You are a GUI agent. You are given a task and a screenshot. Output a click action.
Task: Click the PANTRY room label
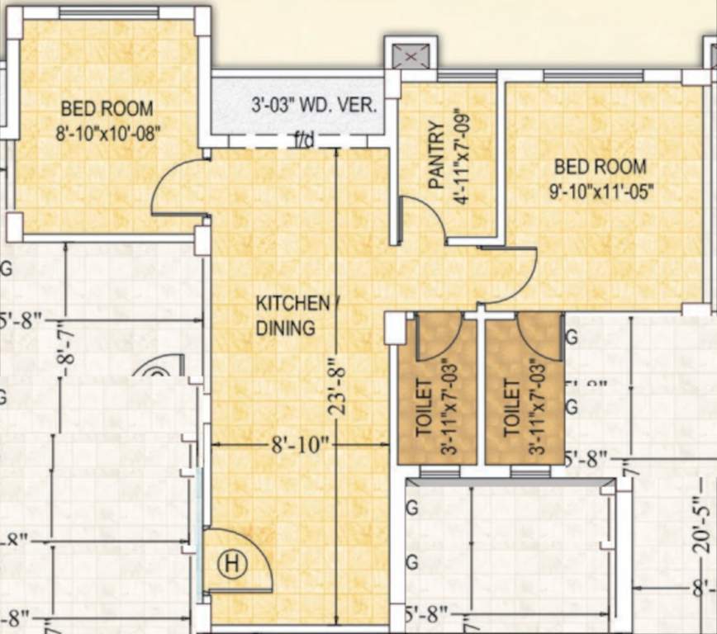point(437,156)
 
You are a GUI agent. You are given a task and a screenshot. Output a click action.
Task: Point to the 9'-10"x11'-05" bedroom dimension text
point(602,191)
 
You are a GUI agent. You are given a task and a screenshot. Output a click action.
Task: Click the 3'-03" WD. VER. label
point(314,106)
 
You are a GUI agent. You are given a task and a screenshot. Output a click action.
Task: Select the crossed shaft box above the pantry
point(408,57)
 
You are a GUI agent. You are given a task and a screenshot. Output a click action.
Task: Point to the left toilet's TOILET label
point(424,407)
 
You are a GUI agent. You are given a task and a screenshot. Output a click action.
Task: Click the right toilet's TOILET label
point(511,407)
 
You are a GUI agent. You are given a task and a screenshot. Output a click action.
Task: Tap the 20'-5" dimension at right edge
point(702,529)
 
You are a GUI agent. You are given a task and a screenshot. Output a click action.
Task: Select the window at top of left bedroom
point(109,13)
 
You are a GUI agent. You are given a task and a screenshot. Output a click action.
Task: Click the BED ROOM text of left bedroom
point(107,108)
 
